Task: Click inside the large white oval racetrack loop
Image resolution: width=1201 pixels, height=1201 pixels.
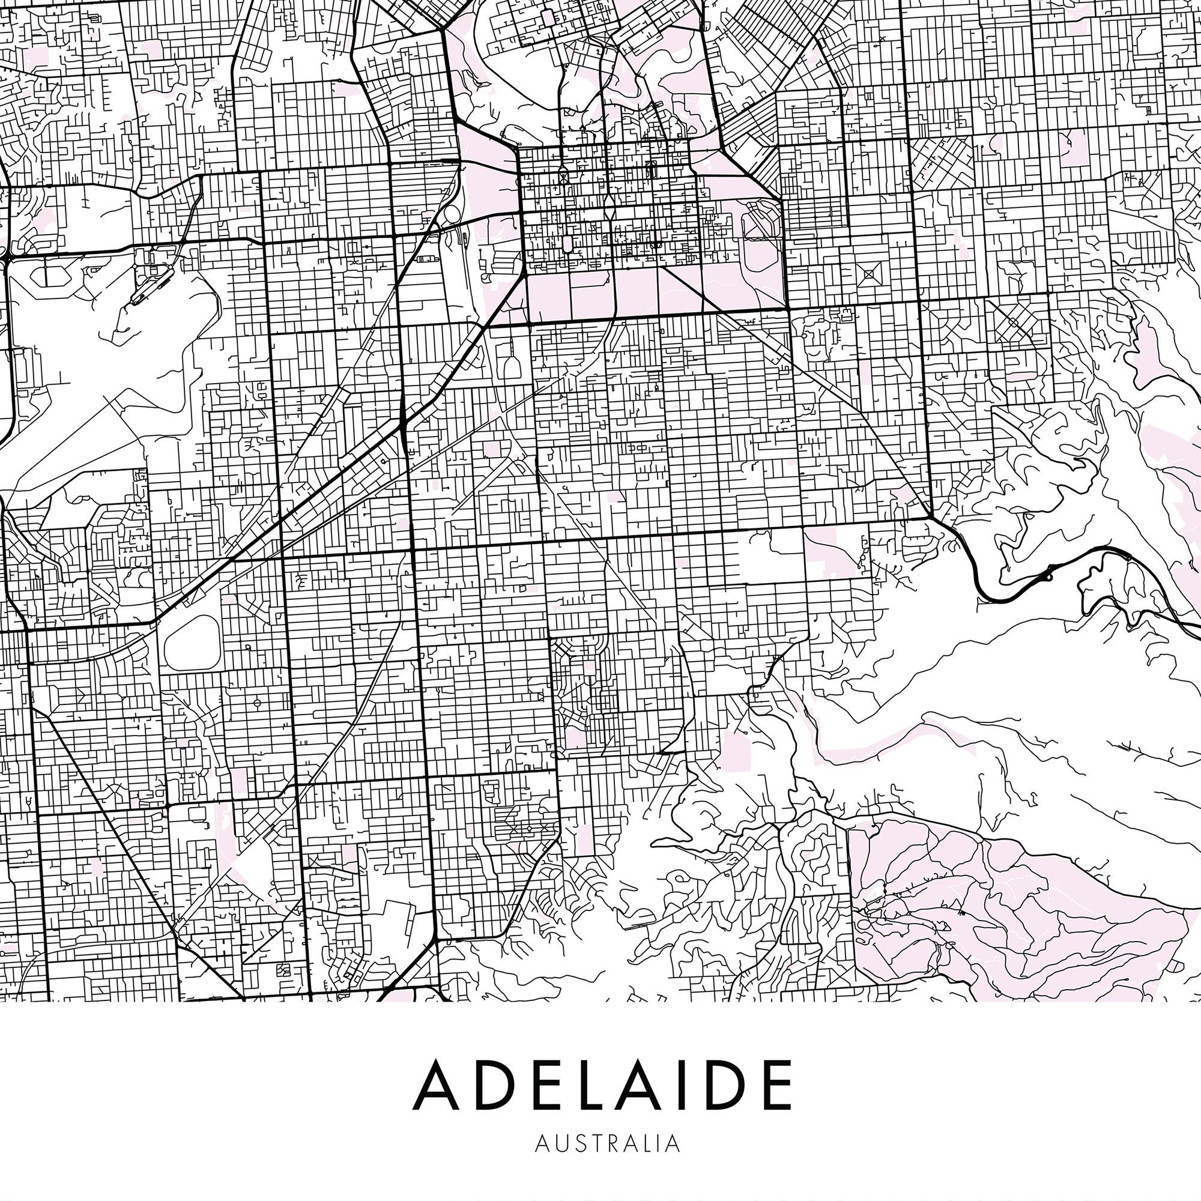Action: pyautogui.click(x=192, y=643)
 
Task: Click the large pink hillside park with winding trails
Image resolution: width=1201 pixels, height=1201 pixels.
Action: pyautogui.click(x=994, y=901)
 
